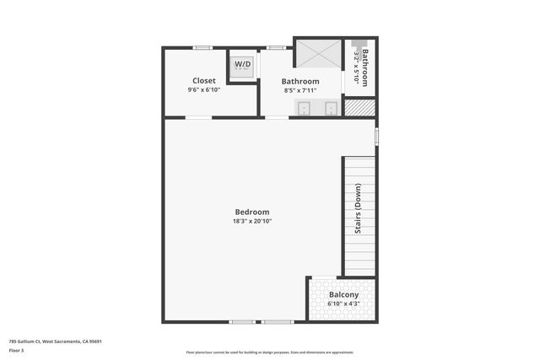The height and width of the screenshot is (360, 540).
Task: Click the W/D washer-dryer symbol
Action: [x=242, y=65]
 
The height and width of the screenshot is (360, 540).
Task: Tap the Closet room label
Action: [x=204, y=81]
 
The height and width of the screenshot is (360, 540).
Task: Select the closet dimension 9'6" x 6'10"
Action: [x=204, y=90]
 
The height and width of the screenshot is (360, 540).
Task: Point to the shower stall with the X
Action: [x=317, y=54]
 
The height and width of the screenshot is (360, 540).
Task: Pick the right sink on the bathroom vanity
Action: [x=331, y=108]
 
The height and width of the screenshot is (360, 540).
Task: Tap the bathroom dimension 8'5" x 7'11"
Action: [x=300, y=90]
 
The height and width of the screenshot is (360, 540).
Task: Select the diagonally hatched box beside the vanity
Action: [x=359, y=108]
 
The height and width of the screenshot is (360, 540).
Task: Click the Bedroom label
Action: [x=252, y=212]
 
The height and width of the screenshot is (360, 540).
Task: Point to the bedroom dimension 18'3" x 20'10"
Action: [x=252, y=221]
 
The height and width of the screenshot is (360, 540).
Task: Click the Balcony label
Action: [x=343, y=294]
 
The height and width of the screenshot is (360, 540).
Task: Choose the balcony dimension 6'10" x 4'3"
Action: [x=343, y=304]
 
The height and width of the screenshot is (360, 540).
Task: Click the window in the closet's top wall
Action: [x=202, y=47]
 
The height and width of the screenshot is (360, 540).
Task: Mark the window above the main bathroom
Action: [x=275, y=47]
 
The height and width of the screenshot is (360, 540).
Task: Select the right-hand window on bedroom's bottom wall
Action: [x=277, y=322]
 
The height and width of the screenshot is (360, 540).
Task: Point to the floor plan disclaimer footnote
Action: [x=270, y=352]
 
